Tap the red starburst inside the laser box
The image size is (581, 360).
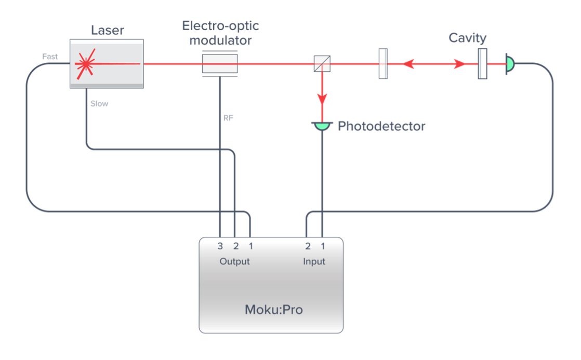85,63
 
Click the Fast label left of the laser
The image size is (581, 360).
50,59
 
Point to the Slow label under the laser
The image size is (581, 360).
99,103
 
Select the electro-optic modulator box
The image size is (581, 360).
219,64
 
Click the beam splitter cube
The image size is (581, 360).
322,64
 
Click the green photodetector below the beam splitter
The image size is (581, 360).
322,126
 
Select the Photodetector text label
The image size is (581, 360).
381,126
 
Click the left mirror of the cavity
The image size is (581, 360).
383,64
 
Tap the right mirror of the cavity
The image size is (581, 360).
483,64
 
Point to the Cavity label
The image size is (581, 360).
467,37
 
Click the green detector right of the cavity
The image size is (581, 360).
509,64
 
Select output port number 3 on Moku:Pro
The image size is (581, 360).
220,246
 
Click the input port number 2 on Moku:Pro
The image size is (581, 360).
308,246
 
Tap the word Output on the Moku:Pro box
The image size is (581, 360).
235,261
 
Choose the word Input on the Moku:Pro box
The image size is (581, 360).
314,261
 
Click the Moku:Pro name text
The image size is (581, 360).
273,310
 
